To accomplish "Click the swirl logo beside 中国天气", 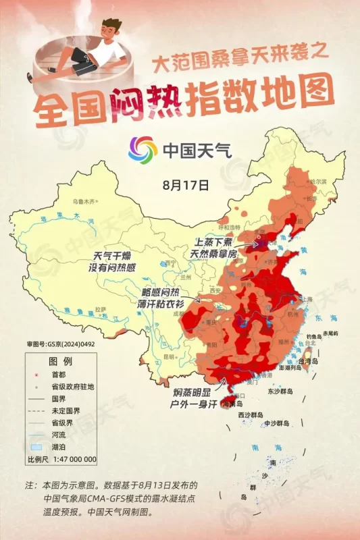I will click(143, 148).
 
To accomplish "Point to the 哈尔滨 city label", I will click(316, 182).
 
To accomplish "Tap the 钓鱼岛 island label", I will click(314, 335).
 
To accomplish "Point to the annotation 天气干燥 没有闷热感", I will click(114, 262).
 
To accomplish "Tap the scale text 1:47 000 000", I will click(71, 459).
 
